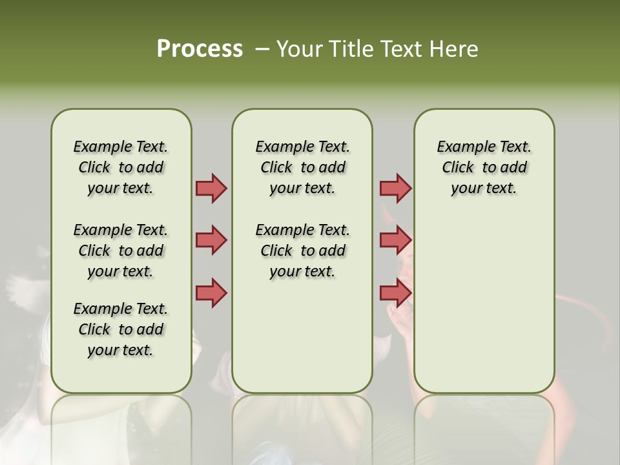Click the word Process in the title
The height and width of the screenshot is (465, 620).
(x=200, y=49)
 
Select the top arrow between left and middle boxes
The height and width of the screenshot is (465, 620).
(x=211, y=188)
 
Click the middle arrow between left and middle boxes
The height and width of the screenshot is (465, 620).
(x=211, y=240)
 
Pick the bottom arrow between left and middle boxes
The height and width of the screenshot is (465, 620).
(x=211, y=292)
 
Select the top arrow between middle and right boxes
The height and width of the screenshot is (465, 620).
(x=395, y=188)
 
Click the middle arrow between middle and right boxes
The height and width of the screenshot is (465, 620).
(x=395, y=240)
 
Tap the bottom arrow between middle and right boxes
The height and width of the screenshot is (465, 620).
(x=395, y=293)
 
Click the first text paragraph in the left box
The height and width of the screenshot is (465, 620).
(x=121, y=167)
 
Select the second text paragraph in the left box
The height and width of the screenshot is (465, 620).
(x=121, y=251)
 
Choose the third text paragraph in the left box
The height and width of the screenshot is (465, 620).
(x=121, y=329)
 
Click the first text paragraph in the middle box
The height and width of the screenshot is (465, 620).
(x=303, y=167)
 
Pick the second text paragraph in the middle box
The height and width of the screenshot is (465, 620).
(x=303, y=251)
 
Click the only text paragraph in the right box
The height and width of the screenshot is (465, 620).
(x=484, y=167)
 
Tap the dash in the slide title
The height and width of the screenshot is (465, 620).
(x=262, y=49)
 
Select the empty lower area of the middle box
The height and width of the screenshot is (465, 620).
(x=303, y=336)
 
